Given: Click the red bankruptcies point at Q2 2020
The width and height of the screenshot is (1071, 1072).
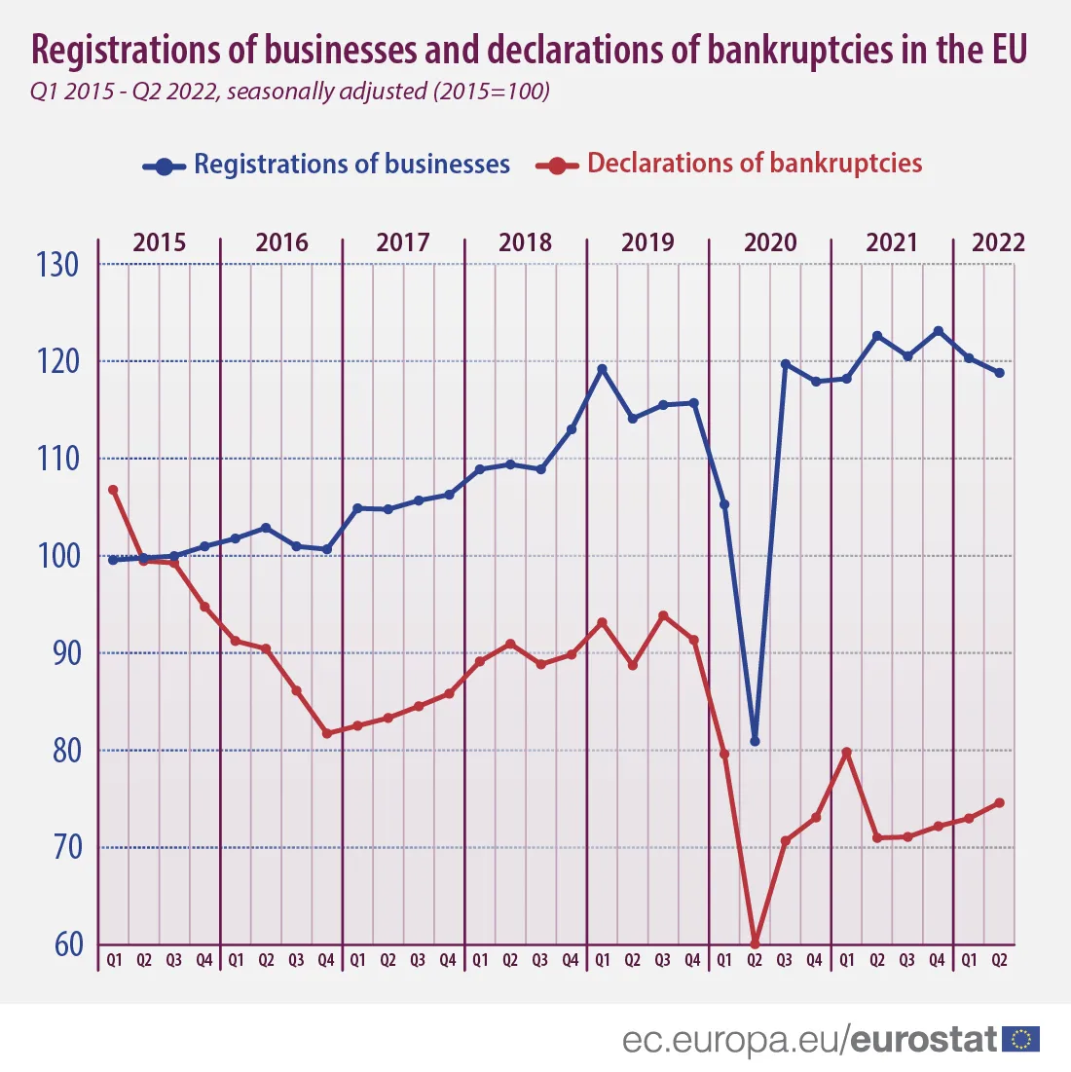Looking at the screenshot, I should coord(755,943).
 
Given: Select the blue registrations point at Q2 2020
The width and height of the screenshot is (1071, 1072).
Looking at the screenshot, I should coord(755,741).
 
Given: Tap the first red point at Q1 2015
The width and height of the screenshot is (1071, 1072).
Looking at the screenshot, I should coord(113,490).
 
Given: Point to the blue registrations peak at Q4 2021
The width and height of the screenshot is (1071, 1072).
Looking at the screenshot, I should coord(938,331).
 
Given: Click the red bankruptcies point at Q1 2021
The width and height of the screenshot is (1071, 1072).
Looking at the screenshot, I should coord(846,752).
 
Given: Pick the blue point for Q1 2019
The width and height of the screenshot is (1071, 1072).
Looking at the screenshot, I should coord(602,369).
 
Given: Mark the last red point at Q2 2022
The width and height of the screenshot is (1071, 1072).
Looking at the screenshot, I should coord(999,803).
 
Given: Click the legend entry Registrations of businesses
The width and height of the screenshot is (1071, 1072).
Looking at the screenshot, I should coord(351,164).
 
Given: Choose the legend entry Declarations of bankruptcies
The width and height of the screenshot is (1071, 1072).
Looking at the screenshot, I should coord(755,163).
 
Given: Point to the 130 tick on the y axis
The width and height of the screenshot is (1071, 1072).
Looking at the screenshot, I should coord(59,264).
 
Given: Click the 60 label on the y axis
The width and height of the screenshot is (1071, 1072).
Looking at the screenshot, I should coord(68,944).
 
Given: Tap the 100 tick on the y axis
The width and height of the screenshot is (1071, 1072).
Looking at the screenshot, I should coord(59,556).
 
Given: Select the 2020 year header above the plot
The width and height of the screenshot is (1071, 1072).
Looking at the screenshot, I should coord(770,241).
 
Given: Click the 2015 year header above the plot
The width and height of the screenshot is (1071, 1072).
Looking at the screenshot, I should coord(159,241).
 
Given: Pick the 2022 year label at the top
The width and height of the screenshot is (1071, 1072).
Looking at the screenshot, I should coord(999,241).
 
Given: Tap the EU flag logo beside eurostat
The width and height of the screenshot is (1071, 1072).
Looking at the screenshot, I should coord(1021,1039).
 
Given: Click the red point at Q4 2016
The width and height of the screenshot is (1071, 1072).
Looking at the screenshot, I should coord(326,733).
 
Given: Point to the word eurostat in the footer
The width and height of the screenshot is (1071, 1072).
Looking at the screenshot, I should coord(924,1039).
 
